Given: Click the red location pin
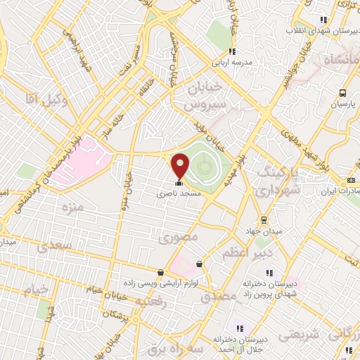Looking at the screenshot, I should pyautogui.click(x=180, y=165).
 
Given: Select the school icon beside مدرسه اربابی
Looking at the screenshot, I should pyautogui.click(x=232, y=51).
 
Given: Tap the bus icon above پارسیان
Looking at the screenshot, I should pyautogui.click(x=342, y=93).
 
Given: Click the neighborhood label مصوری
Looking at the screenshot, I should pyautogui.click(x=178, y=238).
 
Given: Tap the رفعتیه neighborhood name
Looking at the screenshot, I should pyautogui.click(x=150, y=301).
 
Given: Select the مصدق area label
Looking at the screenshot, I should pyautogui.click(x=217, y=297).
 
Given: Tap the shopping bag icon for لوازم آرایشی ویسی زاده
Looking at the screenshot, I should pyautogui.click(x=161, y=272).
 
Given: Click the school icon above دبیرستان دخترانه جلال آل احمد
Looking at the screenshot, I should pyautogui.click(x=238, y=328).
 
